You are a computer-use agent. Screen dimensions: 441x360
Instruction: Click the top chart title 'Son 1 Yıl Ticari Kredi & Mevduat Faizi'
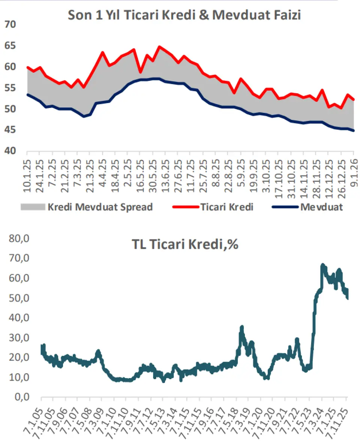click(184, 15)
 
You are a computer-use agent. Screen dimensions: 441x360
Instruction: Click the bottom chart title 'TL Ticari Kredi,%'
click(185, 245)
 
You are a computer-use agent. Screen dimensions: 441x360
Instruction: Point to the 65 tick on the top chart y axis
click(10, 46)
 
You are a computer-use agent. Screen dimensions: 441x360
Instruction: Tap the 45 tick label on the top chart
click(10, 130)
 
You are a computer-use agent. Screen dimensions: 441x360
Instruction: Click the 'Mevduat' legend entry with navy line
click(321, 207)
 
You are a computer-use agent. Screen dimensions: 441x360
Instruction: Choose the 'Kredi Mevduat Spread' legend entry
click(100, 207)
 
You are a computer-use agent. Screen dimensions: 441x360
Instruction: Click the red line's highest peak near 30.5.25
click(159, 47)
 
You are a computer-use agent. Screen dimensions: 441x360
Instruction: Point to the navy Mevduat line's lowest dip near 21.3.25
click(84, 117)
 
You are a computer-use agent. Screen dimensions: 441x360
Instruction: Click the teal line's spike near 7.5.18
click(242, 327)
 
